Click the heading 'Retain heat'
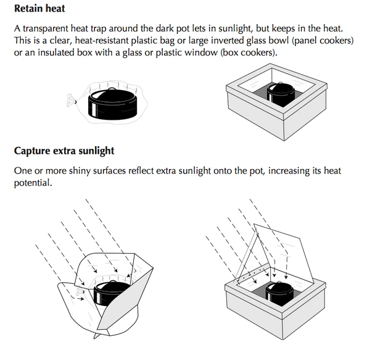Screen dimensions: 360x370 40,9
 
